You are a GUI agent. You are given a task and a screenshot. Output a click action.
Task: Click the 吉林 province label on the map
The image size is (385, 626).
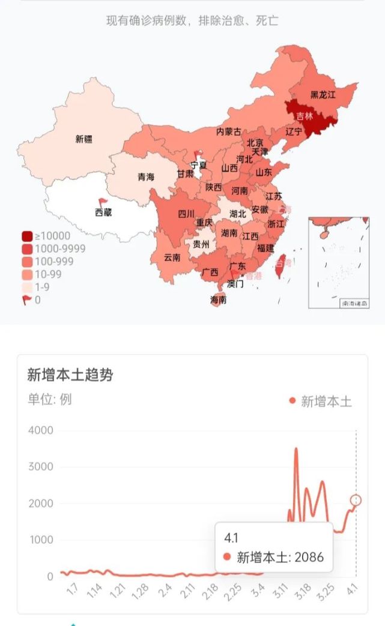coord(305,116)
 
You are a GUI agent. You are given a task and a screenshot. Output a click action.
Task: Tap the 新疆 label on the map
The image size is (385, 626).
coord(84,139)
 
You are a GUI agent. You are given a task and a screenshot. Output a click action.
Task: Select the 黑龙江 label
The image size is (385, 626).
coord(323,95)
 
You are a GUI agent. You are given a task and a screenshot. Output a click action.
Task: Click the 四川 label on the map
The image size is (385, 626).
coord(186,214)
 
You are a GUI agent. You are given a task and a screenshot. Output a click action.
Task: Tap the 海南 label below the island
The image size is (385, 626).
coord(219,299)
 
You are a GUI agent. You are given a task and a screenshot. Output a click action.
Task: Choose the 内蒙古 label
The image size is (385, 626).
coord(229,131)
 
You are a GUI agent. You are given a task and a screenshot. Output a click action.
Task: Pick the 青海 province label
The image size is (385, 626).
coord(146,177)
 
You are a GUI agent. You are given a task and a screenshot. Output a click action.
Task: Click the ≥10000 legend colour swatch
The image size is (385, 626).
coord(28,236)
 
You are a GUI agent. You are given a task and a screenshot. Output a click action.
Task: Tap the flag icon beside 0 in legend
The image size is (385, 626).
coord(28,300)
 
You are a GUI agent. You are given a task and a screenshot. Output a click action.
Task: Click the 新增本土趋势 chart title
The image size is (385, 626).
coord(70,375)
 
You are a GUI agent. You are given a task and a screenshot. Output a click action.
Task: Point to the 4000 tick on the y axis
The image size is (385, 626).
coord(41,430)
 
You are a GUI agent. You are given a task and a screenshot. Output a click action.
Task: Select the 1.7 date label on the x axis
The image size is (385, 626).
coord(72,591)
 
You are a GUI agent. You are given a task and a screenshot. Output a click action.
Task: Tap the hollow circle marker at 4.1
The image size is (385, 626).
coord(356,500)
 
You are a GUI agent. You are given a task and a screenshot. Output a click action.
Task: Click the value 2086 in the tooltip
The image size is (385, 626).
coord(309,557)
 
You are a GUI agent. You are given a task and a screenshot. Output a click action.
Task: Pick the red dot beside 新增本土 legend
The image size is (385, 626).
coord(293,401)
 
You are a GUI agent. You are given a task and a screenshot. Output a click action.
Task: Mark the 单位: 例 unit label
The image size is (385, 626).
coord(49,399)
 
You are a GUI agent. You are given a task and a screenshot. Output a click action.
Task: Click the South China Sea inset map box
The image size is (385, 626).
coord(338,262)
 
